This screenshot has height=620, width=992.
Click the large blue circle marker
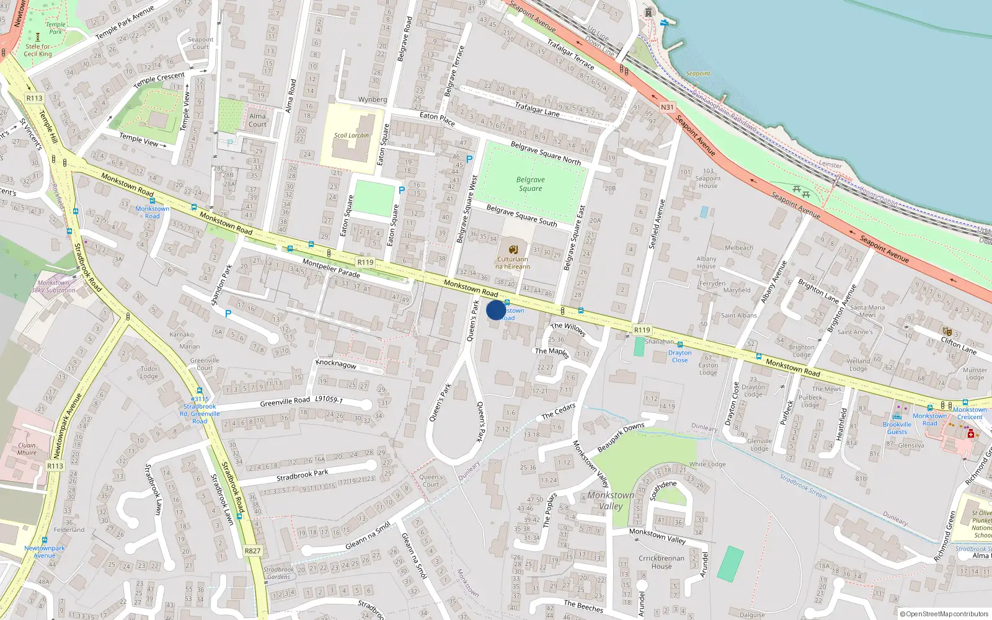(496, 310)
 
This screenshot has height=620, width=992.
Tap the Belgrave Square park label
(530, 184)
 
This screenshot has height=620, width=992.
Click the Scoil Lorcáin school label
(351, 135)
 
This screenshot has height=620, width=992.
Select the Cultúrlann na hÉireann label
(512, 263)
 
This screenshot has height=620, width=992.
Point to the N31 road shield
(666, 107)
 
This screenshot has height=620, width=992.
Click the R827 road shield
(252, 551)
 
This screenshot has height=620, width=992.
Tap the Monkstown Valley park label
(611, 500)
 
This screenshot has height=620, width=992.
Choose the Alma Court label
(257, 120)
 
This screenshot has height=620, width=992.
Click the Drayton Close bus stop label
(680, 356)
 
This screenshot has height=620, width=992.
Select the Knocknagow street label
(336, 364)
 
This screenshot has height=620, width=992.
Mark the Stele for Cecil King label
(38, 50)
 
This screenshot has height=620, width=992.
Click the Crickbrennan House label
(662, 562)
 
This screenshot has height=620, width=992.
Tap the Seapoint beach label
(698, 74)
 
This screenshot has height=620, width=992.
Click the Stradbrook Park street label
(303, 475)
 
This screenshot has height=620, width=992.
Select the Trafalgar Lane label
(537, 109)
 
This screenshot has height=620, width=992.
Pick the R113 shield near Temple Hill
(34, 98)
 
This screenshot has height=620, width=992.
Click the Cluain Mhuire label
(27, 449)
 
